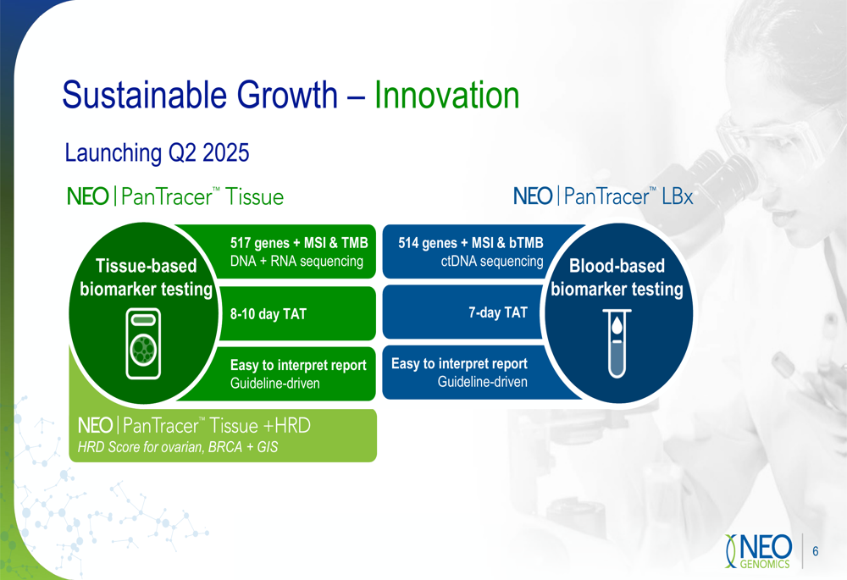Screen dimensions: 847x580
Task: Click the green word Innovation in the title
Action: [446, 95]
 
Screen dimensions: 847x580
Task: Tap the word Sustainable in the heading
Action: [146, 95]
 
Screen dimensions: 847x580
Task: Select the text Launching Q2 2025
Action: [157, 152]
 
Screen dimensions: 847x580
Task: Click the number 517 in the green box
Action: [241, 242]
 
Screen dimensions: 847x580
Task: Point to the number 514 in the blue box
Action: [408, 242]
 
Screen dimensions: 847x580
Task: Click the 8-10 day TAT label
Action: [268, 314]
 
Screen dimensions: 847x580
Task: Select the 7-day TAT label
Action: [497, 312]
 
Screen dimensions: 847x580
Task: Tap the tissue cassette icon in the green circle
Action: [143, 344]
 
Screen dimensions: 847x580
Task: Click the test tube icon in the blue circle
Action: [617, 343]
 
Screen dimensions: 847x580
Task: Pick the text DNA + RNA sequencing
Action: [296, 262]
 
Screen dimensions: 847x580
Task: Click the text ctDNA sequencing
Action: [492, 262]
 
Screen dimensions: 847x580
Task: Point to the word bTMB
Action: [526, 242]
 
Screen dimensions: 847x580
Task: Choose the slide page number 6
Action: [815, 551]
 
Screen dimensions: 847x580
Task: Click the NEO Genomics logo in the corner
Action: [758, 551]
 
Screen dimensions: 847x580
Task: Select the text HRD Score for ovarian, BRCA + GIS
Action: [178, 447]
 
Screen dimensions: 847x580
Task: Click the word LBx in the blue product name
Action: [678, 196]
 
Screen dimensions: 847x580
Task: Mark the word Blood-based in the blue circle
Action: [617, 266]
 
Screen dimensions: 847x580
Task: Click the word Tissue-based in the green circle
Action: [146, 266]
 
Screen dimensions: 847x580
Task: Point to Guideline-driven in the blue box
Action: [483, 382]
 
